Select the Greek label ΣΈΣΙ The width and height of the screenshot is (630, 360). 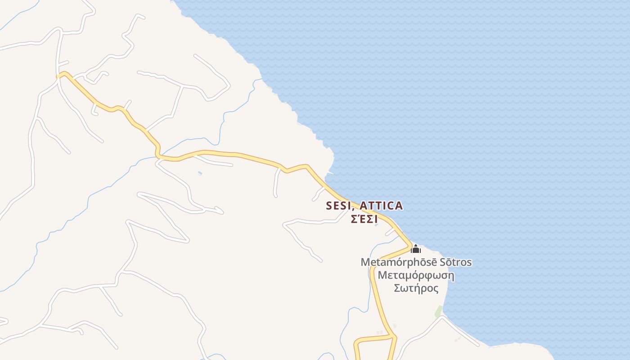[364, 220]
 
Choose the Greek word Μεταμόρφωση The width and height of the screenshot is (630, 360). [416, 275]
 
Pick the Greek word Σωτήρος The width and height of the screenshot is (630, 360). [416, 288]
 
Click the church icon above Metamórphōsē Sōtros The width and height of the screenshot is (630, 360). [416, 249]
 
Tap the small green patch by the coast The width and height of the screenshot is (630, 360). [438, 311]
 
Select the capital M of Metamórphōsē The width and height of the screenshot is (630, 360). [365, 262]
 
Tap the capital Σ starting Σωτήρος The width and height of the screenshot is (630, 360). [398, 288]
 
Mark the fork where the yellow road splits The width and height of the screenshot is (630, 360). [394, 337]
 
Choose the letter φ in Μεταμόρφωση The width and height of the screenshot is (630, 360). [424, 276]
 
